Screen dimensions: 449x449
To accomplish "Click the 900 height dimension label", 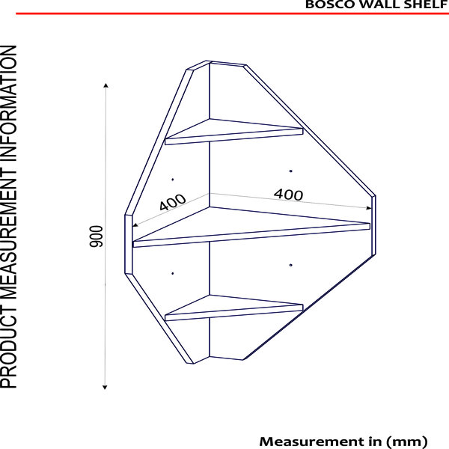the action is pyautogui.click(x=97, y=236).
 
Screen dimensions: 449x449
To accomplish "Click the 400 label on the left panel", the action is pyautogui.click(x=172, y=202).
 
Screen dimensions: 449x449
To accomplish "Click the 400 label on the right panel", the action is pyautogui.click(x=288, y=195).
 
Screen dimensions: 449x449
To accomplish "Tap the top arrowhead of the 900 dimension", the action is pyautogui.click(x=106, y=85).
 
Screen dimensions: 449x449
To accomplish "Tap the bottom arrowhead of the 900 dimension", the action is pyautogui.click(x=105, y=388).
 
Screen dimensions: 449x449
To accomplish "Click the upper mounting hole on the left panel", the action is pyautogui.click(x=172, y=180).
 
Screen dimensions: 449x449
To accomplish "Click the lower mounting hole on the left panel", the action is pyautogui.click(x=172, y=273).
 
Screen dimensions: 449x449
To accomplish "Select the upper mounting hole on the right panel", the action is pyautogui.click(x=290, y=171).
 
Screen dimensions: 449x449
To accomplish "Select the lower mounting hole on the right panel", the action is pyautogui.click(x=290, y=265).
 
